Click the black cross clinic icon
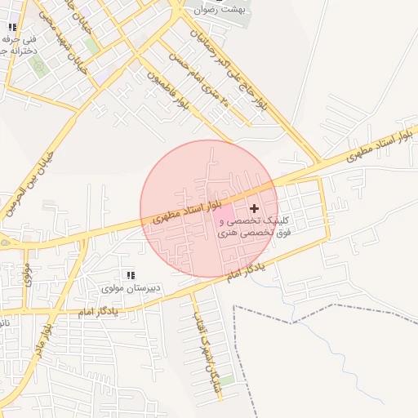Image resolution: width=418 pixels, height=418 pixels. [x=255, y=209]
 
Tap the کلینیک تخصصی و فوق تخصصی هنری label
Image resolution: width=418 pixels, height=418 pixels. [x=249, y=227]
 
